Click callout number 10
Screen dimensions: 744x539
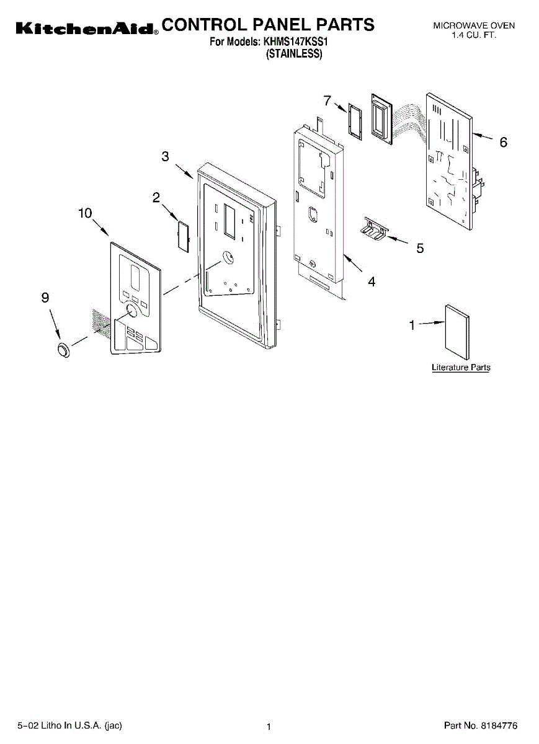pyautogui.click(x=85, y=213)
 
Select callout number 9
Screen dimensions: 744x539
pyautogui.click(x=45, y=298)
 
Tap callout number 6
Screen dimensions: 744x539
pyautogui.click(x=503, y=143)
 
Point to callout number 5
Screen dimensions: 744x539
pyautogui.click(x=420, y=249)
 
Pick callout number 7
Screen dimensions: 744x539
pyautogui.click(x=327, y=100)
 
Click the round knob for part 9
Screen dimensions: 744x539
pyautogui.click(x=63, y=350)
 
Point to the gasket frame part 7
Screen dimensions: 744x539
pyautogui.click(x=354, y=121)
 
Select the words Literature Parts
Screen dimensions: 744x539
pyautogui.click(x=461, y=368)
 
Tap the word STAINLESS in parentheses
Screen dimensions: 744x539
pyautogui.click(x=294, y=54)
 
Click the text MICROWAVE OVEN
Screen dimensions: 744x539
pyautogui.click(x=474, y=25)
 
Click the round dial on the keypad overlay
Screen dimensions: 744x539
pyautogui.click(x=131, y=311)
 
